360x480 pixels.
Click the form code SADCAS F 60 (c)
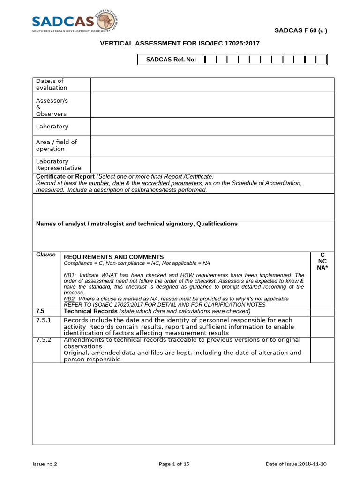tap(300, 31)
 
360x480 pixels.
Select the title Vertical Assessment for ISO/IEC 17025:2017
tap(180, 44)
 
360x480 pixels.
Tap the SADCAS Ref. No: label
tap(168, 60)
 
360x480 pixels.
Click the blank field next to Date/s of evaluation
tap(212, 84)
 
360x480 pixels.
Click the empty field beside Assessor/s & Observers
tap(212, 105)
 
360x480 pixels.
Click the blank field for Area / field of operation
tap(212, 145)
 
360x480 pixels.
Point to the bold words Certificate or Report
tap(65, 176)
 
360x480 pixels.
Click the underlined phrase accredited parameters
tap(172, 183)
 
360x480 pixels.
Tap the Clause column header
tap(45, 255)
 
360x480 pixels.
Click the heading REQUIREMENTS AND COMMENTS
tap(114, 257)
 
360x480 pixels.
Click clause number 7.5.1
tap(44, 320)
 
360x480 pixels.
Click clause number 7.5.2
tap(44, 340)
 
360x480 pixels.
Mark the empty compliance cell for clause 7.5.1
tap(322, 327)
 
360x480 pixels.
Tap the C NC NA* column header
tap(322, 261)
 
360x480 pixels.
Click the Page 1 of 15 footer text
tap(174, 464)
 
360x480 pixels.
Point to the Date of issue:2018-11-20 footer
tap(296, 464)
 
